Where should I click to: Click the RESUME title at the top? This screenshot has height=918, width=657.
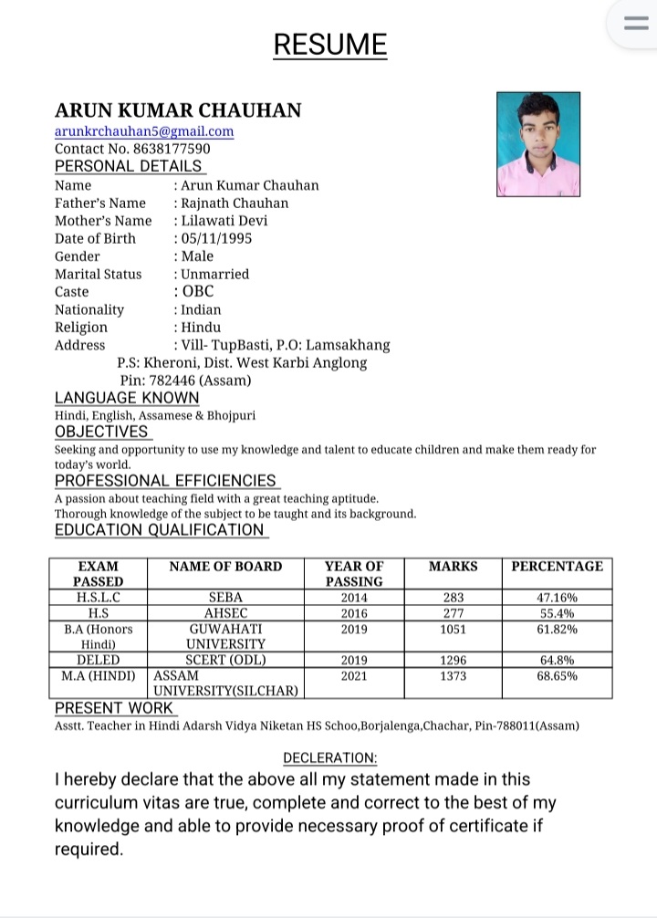329,45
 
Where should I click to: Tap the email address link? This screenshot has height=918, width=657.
144,131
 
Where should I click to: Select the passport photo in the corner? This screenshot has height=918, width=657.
538,144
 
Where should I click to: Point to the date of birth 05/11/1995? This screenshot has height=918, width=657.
216,238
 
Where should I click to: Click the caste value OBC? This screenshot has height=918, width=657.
198,292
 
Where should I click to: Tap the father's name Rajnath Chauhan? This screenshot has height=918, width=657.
235,203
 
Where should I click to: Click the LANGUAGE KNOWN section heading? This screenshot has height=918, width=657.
127,398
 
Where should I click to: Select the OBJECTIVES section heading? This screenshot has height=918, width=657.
101,432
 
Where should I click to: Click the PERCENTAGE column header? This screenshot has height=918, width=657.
557,566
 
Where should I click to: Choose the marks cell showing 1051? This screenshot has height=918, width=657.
453,630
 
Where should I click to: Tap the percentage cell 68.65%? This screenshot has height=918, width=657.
557,676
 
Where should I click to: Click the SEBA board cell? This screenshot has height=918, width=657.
225,598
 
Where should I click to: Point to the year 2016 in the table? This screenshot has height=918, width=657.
354,613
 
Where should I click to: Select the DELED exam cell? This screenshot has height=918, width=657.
99,660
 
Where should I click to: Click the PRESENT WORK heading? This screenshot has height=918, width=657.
114,708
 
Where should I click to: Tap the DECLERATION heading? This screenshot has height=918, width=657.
329,758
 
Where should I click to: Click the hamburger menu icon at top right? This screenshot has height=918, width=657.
634,25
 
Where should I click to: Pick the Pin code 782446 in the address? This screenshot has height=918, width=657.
185,381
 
